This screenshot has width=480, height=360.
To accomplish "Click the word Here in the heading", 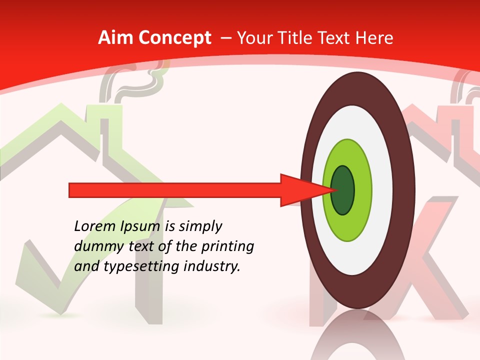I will tap(375, 38).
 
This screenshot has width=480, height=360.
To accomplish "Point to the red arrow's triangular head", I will tap(302, 190).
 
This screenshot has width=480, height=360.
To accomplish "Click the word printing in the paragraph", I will tap(227, 246).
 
